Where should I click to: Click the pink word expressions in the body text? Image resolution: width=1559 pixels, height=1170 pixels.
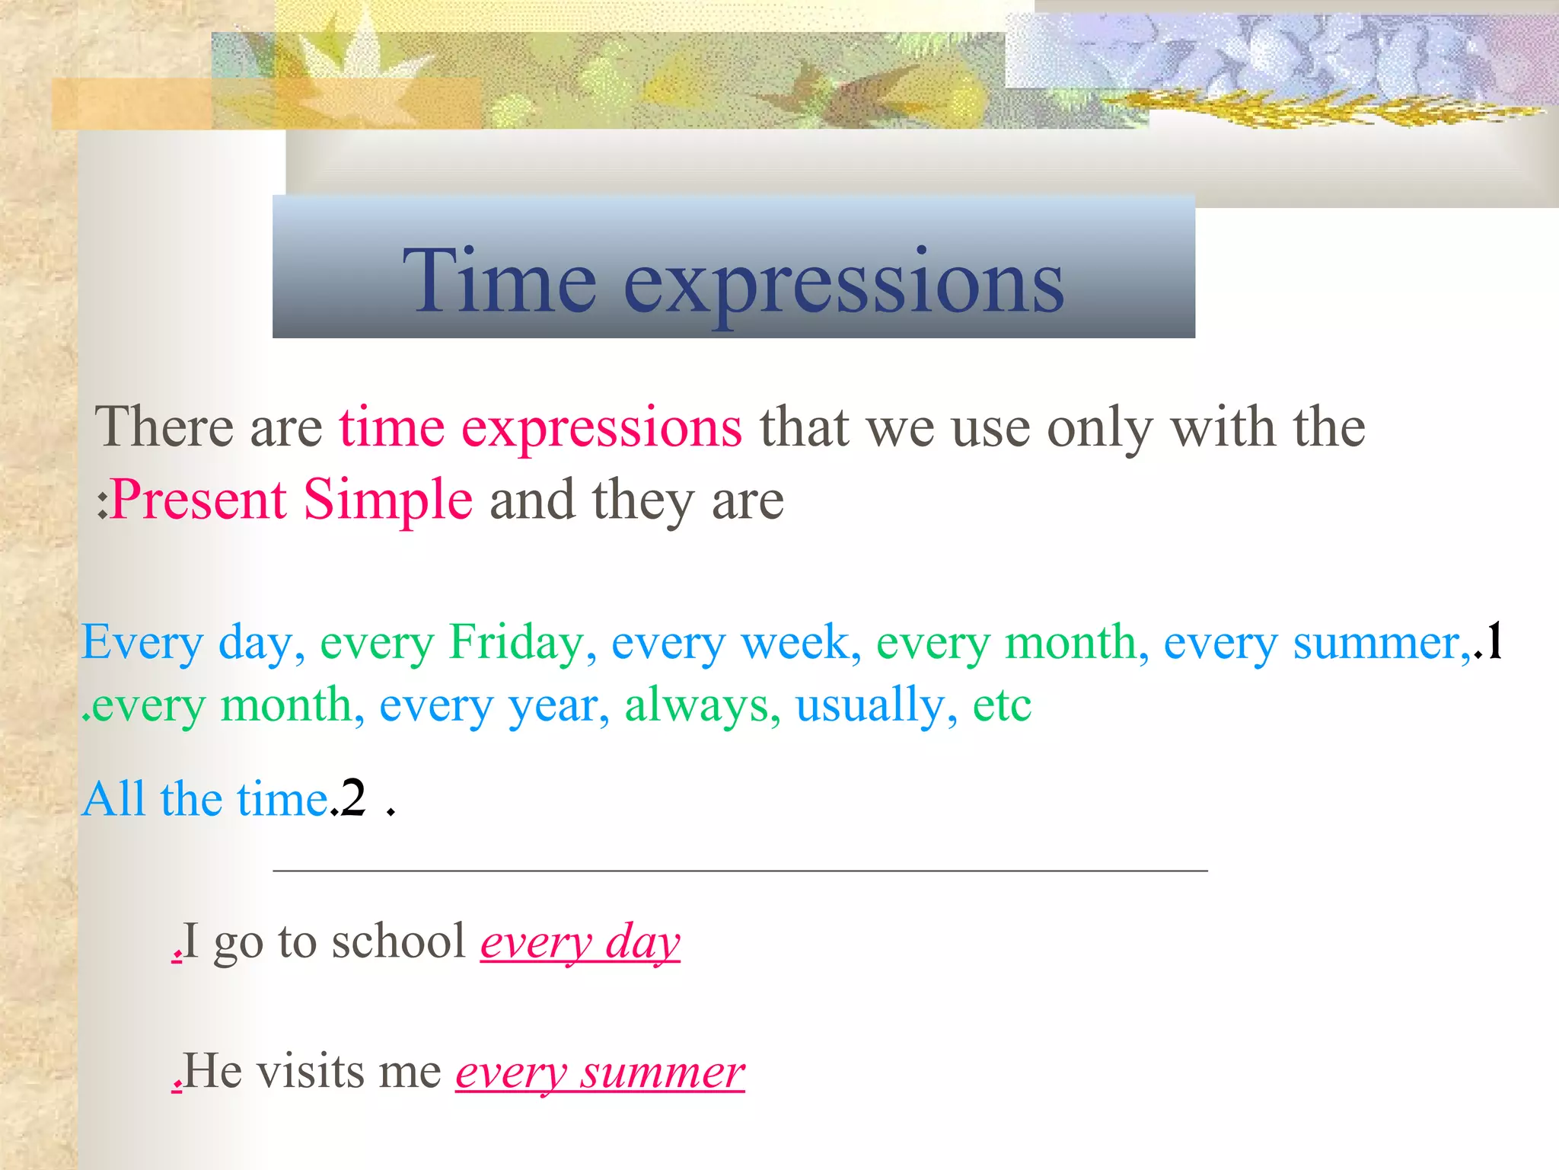pos(601,428)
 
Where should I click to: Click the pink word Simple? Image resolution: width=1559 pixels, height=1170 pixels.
pos(388,500)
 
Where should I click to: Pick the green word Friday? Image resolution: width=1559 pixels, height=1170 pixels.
pos(515,642)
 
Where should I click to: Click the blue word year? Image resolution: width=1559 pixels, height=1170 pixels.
pos(553,706)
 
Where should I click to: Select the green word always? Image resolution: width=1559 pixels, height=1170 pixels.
pos(694,706)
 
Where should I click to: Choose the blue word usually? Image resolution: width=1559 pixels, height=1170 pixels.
pos(869,706)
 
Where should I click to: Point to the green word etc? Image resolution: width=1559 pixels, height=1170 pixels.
pos(1002,705)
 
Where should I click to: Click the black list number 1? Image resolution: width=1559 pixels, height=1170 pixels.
pos(1494,640)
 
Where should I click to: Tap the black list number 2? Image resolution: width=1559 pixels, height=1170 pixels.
pos(353,798)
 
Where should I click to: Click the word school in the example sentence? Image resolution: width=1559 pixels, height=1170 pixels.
pos(398,941)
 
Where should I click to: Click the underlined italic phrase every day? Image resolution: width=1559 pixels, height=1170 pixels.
pos(580,943)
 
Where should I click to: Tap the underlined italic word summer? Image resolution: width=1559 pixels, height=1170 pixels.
pos(662,1072)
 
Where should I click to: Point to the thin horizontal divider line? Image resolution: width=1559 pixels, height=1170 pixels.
pos(740,870)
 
